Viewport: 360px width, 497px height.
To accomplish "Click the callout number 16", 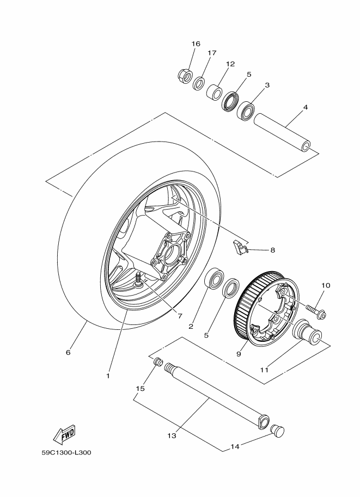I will pos(196,44).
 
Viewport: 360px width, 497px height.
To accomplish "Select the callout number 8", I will pos(272,250).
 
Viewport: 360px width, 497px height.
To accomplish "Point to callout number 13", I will pos(172,436).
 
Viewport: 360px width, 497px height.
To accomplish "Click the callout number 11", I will pos(265,370).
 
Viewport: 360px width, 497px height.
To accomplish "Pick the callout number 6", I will pos(68,352).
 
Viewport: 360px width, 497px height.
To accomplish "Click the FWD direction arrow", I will pos(64,434).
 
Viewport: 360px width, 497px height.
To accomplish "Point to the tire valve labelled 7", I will pos(139,280).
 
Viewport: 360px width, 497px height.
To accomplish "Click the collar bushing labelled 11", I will pos(309,333).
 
